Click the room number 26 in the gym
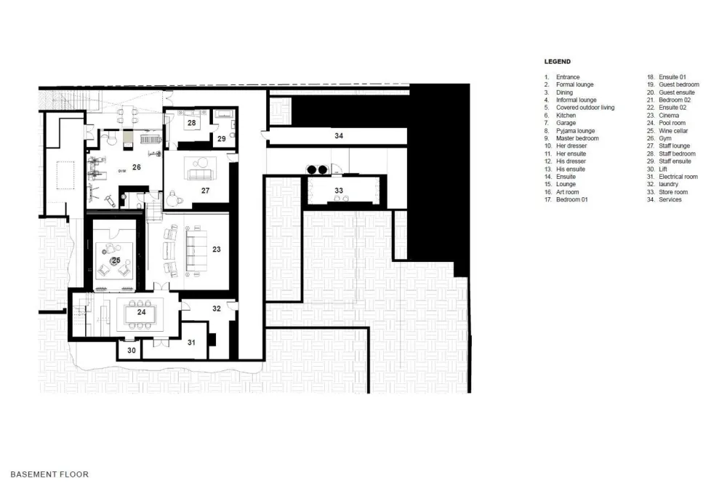coord(137,167)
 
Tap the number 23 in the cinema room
coord(217,250)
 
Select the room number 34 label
coord(339,136)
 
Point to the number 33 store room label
coord(339,191)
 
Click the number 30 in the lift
coord(132,351)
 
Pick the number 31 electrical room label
coord(191,343)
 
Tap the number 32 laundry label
coord(217,308)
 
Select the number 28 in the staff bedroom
coord(191,123)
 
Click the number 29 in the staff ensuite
coord(222,139)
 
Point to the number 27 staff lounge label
coord(206,191)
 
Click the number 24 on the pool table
coord(142,312)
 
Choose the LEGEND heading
coord(558,61)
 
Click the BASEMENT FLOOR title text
coord(49,474)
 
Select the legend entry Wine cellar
coord(673,131)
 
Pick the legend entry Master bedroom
coord(577,138)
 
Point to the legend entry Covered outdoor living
coord(585,108)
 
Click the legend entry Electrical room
coord(678,177)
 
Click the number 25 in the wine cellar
coord(116,260)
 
